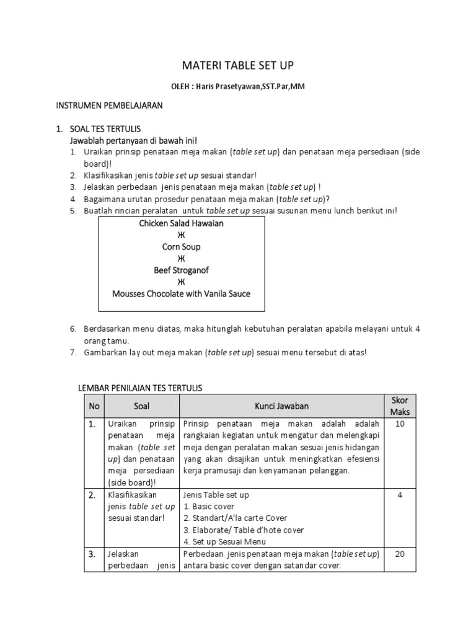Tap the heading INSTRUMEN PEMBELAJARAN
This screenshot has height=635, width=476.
109,106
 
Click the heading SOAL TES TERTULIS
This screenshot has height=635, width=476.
107,130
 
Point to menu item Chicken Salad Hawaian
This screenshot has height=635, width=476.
181,223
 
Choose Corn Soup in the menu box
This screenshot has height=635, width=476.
181,247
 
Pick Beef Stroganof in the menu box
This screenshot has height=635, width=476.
181,270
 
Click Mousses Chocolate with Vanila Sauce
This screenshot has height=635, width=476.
181,294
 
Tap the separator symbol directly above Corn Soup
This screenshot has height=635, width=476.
181,235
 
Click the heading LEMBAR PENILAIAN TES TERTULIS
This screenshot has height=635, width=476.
139,388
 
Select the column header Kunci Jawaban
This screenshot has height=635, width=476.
281,406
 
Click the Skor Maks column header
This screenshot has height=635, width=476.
400,406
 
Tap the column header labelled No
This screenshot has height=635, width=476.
94,406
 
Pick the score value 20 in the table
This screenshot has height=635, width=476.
400,554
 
